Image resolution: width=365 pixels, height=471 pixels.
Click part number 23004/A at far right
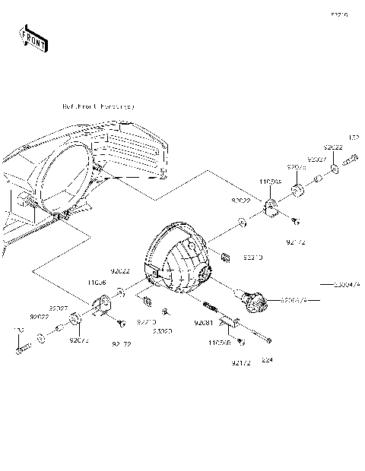coord(346,285)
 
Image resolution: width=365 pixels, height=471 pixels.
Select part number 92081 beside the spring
coord(203,324)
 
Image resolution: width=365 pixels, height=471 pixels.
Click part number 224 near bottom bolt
coord(265,359)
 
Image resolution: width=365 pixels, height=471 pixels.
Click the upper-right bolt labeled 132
coord(351,160)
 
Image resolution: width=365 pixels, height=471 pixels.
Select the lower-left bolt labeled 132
coord(22,349)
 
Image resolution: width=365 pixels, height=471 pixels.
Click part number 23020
coord(162,331)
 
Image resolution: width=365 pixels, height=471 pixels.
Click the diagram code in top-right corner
coord(339,14)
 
